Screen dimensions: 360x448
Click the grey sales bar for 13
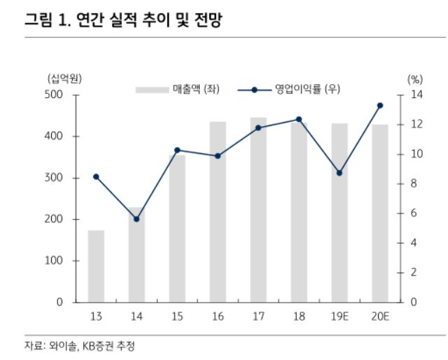point(96,266)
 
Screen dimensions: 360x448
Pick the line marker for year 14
point(136,219)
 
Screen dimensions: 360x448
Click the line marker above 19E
point(339,172)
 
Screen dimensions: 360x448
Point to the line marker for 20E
point(380,106)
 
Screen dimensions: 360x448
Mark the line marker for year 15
point(177,150)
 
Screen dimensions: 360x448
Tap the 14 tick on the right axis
point(414,95)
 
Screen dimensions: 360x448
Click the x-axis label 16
point(218,317)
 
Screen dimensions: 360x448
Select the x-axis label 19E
point(339,317)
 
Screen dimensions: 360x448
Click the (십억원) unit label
point(64,78)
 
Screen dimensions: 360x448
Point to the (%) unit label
point(414,78)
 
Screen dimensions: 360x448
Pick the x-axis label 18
point(299,317)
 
